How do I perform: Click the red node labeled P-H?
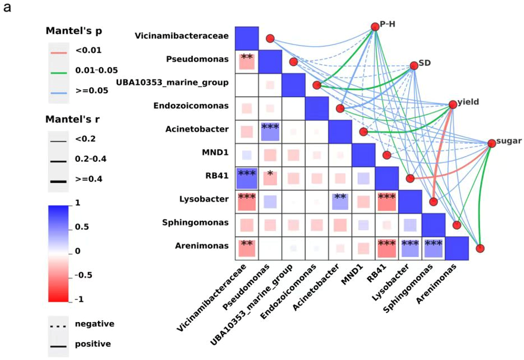(x=374, y=26)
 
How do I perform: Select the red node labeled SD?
(x=414, y=65)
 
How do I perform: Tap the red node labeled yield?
(x=453, y=104)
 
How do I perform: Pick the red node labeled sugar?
(x=491, y=143)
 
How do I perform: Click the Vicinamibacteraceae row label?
(x=182, y=36)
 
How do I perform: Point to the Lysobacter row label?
(x=205, y=199)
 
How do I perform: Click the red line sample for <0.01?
(x=59, y=51)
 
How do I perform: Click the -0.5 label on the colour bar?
(x=83, y=275)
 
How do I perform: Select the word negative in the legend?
(x=94, y=324)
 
